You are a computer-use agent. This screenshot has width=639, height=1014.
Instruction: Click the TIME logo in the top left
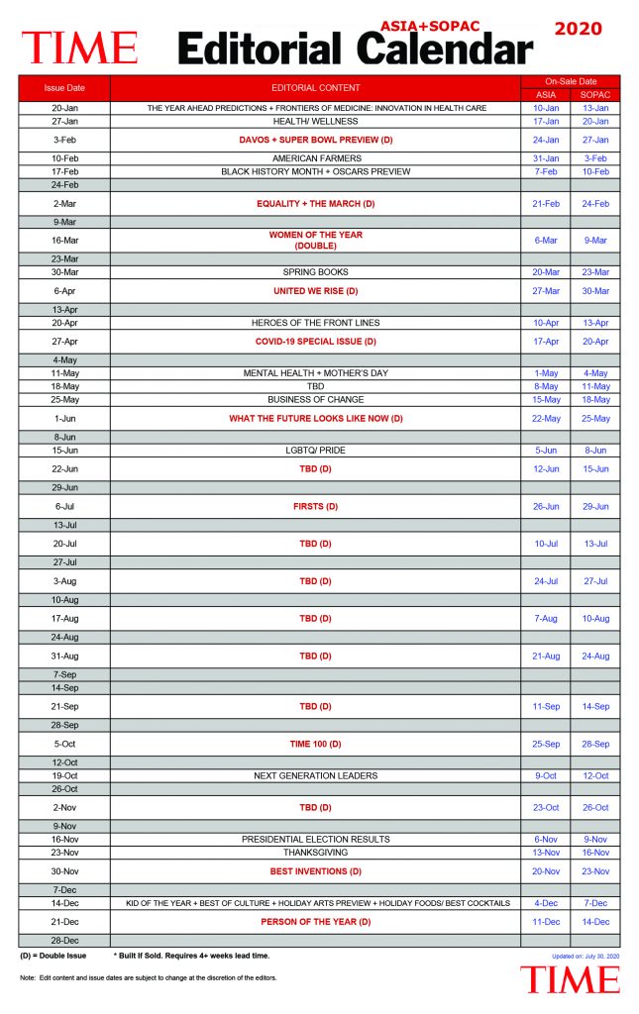point(79,47)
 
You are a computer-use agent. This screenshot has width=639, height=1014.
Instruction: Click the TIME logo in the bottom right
point(571,980)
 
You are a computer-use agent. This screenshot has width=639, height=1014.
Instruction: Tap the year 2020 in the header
point(578,29)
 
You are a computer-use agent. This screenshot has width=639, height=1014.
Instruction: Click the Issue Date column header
point(64,88)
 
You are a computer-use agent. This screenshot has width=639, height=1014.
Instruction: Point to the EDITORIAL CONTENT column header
point(316,88)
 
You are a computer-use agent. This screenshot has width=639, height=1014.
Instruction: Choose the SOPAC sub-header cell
point(594,95)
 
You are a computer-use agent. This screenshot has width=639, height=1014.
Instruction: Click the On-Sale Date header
point(571,81)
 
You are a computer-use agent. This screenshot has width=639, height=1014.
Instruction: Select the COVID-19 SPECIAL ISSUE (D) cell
point(316,342)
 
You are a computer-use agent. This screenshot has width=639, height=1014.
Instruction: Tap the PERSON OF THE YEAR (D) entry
point(316,922)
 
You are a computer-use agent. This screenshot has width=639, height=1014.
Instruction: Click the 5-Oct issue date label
point(64,744)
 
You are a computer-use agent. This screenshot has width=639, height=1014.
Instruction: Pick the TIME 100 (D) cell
point(316,744)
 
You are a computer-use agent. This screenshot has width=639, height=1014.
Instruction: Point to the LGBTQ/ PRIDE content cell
point(316,451)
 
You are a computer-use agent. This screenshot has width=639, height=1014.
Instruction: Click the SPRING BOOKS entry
point(316,272)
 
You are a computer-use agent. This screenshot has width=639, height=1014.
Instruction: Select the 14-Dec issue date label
point(64,903)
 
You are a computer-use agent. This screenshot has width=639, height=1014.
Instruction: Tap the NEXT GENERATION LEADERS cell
point(316,775)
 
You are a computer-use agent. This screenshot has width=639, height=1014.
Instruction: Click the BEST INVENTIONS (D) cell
point(316,871)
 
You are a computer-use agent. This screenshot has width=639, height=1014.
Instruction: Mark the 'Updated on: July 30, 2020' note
point(586,957)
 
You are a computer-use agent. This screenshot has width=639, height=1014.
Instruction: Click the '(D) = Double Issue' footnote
point(53,956)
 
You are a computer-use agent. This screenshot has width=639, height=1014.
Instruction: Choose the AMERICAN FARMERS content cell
point(316,158)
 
